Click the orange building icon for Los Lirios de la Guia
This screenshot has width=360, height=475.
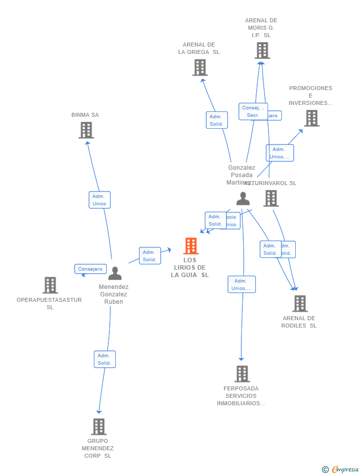190,246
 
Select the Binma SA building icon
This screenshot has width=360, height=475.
86,130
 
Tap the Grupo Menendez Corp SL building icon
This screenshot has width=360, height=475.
98,427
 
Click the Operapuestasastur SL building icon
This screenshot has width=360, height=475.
50,285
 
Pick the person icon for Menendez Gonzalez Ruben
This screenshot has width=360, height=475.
115,273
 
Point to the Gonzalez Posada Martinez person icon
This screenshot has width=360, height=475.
243,198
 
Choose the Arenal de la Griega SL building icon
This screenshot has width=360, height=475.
200,67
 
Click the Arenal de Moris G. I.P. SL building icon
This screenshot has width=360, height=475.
262,50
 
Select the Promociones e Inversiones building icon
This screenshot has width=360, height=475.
311,118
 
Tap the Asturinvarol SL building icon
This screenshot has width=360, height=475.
271,198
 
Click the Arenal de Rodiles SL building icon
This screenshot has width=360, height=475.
300,303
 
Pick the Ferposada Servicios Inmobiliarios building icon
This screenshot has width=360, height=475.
242,374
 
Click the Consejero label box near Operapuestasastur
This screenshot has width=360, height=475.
90,269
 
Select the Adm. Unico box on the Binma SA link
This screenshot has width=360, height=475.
99,200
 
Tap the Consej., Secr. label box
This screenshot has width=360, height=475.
253,111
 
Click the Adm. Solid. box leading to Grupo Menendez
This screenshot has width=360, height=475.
104,359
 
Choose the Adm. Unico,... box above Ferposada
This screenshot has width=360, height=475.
241,285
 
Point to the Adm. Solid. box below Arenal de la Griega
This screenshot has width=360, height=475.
217,120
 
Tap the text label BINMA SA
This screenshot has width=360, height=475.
85,115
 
